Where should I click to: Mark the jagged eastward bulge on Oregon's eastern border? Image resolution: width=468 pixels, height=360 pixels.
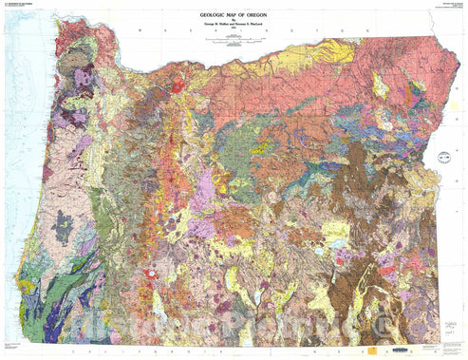tap(439, 152)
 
